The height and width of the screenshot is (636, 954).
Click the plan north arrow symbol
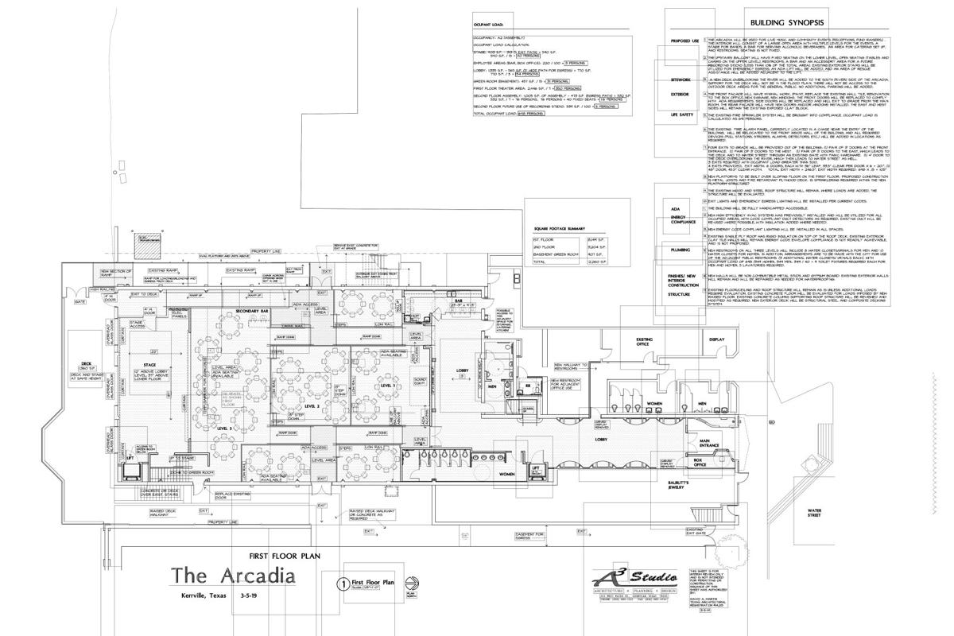coord(410,584)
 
